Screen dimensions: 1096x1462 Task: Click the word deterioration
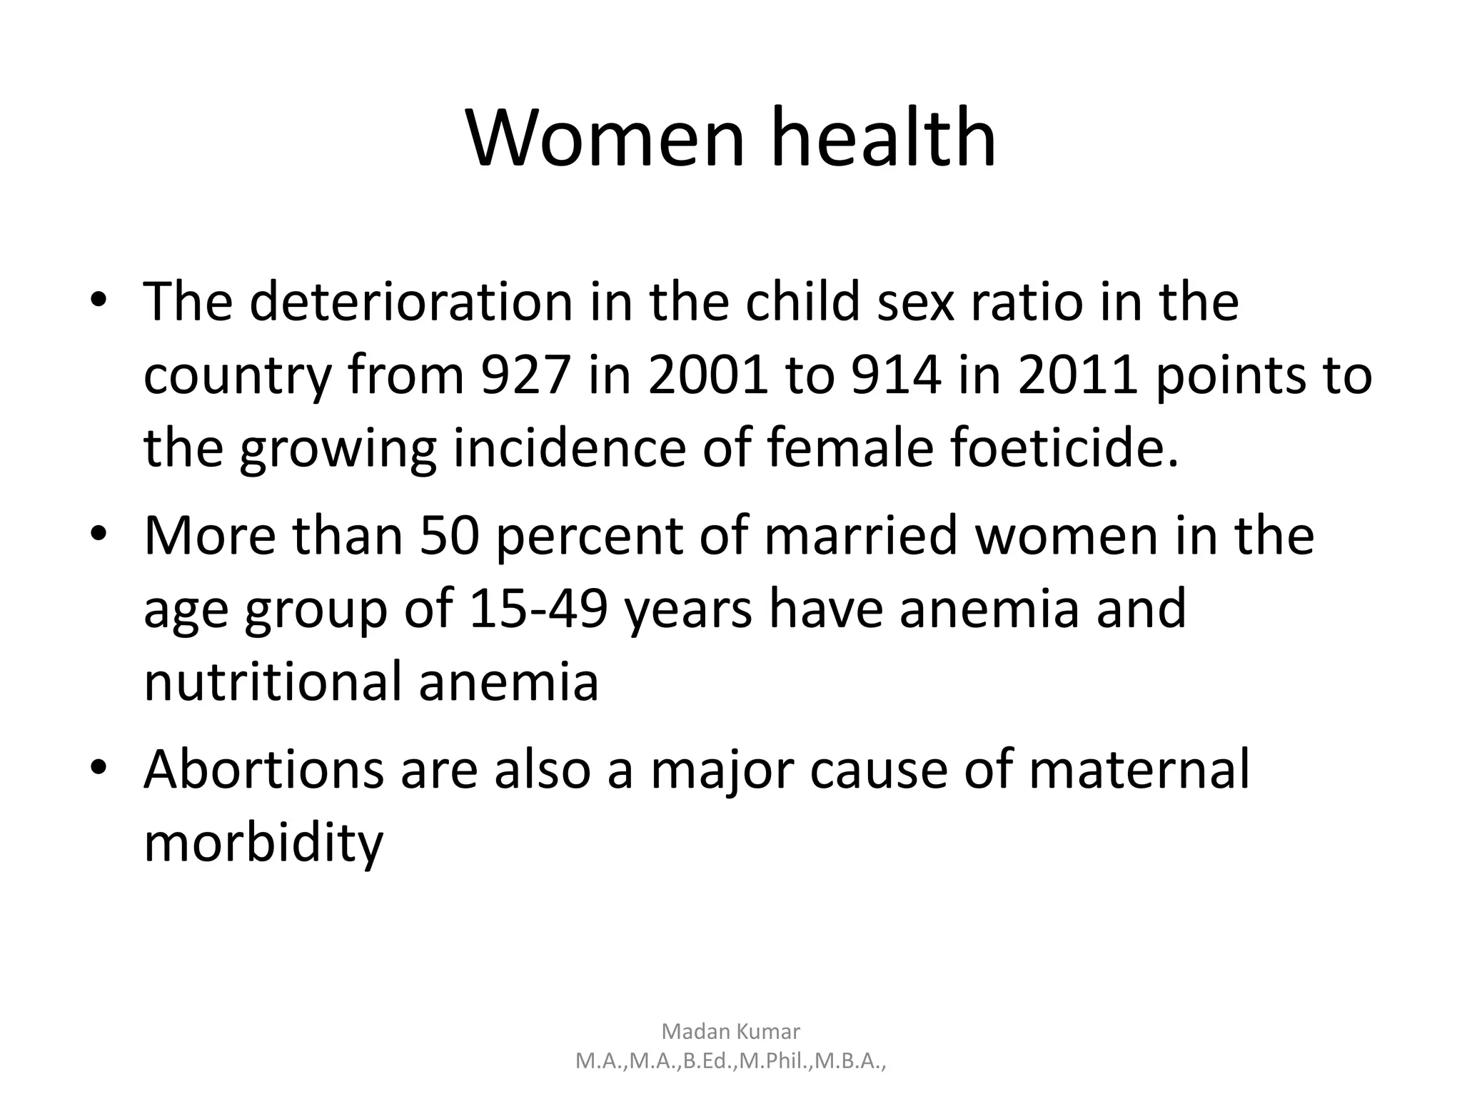click(x=411, y=301)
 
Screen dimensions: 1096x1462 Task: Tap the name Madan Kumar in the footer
click(x=731, y=1031)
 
